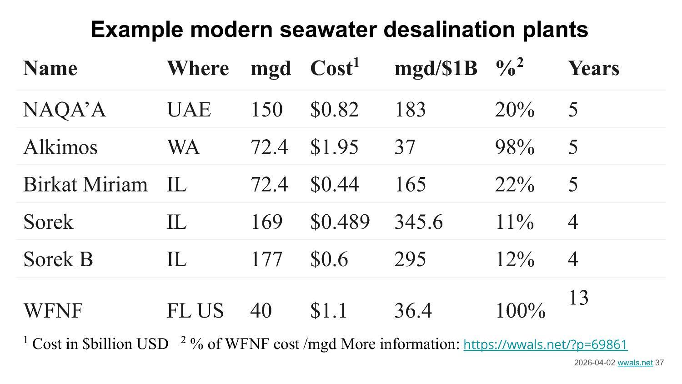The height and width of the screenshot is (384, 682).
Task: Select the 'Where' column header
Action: pos(198,68)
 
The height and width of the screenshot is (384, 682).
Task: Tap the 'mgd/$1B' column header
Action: pos(436,68)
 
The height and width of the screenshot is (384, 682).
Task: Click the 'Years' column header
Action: pos(593,68)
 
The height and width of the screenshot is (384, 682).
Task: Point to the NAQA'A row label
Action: pos(64,110)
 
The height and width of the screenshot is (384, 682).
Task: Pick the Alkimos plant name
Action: pos(60,147)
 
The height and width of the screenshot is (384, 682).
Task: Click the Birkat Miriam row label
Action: pos(85,184)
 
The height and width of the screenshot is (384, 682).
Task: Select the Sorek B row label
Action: pos(58,259)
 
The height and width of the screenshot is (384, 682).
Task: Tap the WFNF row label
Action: pos(53,311)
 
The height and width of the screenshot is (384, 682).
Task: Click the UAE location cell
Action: pos(189,110)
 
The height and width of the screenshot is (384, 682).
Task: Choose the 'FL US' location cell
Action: pos(195,311)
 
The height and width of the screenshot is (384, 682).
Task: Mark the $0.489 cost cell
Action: pos(340,222)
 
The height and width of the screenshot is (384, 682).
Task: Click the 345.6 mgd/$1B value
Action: pos(418,222)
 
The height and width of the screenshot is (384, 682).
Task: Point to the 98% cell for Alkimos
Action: pos(514,147)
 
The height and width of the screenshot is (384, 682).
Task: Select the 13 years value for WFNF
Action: pos(578,298)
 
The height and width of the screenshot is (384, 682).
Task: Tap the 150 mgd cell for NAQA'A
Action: pos(266,110)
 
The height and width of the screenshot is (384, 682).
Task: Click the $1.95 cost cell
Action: pos(334,147)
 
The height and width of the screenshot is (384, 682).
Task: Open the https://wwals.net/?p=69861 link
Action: pos(545,344)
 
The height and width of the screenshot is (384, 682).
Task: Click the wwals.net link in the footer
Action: pos(635,363)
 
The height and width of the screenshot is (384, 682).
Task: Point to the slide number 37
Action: pos(659,363)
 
